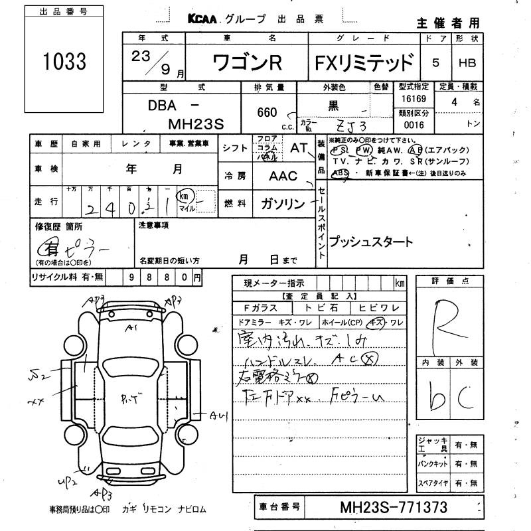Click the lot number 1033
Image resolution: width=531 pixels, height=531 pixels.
[65, 62]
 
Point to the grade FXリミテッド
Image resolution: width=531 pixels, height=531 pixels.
[364, 64]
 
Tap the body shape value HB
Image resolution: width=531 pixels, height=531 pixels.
[468, 64]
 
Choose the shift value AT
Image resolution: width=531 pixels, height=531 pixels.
[298, 149]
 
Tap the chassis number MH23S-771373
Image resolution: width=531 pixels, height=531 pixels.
[394, 508]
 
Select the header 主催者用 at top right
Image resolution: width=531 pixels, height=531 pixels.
[447, 23]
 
